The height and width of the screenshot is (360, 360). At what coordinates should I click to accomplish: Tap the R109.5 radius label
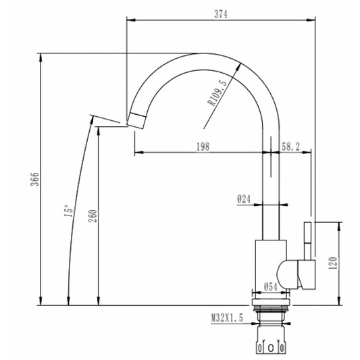pos(218,93)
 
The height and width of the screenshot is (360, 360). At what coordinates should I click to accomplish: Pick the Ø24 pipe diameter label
pos(244,199)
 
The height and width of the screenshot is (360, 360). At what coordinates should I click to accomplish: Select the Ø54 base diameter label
pos(271,287)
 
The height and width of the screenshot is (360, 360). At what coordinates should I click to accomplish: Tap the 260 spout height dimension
pos(93,216)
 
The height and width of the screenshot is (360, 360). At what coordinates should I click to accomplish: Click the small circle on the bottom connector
pos(272,348)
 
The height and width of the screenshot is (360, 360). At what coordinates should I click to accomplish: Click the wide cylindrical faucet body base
pos(270,267)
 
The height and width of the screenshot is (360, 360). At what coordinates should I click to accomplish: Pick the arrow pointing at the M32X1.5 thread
pos(251,317)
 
